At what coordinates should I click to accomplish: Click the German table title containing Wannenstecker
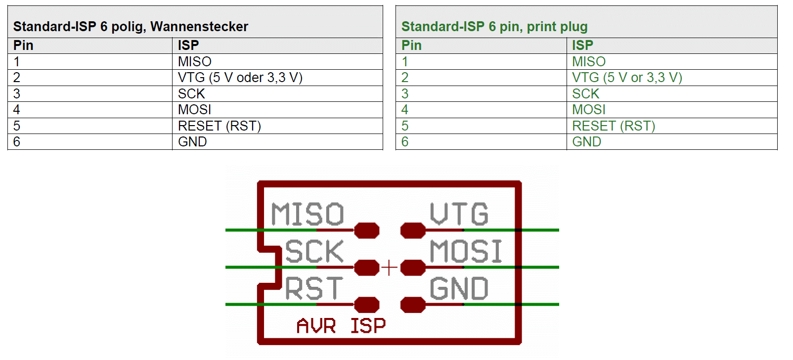pos(131,27)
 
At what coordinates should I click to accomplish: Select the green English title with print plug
pos(494,27)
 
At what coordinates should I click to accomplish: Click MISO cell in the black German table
pos(195,62)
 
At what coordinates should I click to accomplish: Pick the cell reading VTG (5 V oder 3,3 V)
pos(240,78)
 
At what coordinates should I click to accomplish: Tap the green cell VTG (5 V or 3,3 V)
pos(627,78)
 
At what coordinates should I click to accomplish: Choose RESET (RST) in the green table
pos(614,126)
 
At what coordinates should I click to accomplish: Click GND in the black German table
pos(192,142)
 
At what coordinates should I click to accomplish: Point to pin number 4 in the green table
pos(405,110)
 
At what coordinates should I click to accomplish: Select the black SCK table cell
pos(191,94)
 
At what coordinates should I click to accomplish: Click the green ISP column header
pos(582,45)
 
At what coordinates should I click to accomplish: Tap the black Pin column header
pos(23,45)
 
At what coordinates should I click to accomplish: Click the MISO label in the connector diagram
pos(307,214)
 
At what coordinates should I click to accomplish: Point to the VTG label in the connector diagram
pos(459,214)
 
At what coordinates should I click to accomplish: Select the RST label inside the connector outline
pos(314,289)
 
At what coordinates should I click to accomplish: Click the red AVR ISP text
pos(341,326)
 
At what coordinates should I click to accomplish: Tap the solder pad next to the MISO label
pos(367,230)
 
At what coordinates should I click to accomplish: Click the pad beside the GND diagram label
pos(413,305)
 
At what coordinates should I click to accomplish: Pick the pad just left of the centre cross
pos(367,268)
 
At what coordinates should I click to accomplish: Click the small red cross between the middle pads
pos(390,268)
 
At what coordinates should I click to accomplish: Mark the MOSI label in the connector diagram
pos(466,251)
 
